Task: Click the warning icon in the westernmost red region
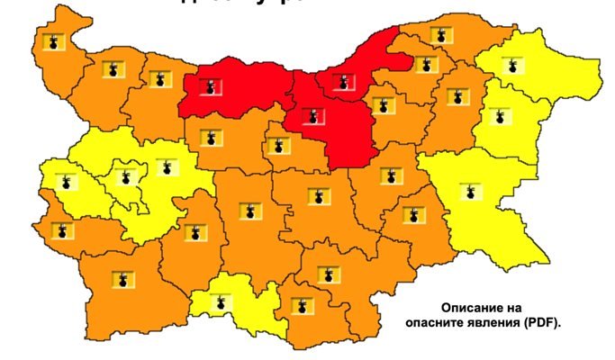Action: [x=210, y=87]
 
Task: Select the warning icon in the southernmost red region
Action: [x=312, y=116]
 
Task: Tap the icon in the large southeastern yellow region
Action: [x=470, y=192]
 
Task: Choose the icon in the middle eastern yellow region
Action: [x=495, y=115]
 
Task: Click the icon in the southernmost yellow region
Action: [x=218, y=302]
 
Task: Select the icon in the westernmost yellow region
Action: [x=64, y=182]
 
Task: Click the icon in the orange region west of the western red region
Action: [x=160, y=79]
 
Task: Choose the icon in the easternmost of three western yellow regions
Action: [x=165, y=166]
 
